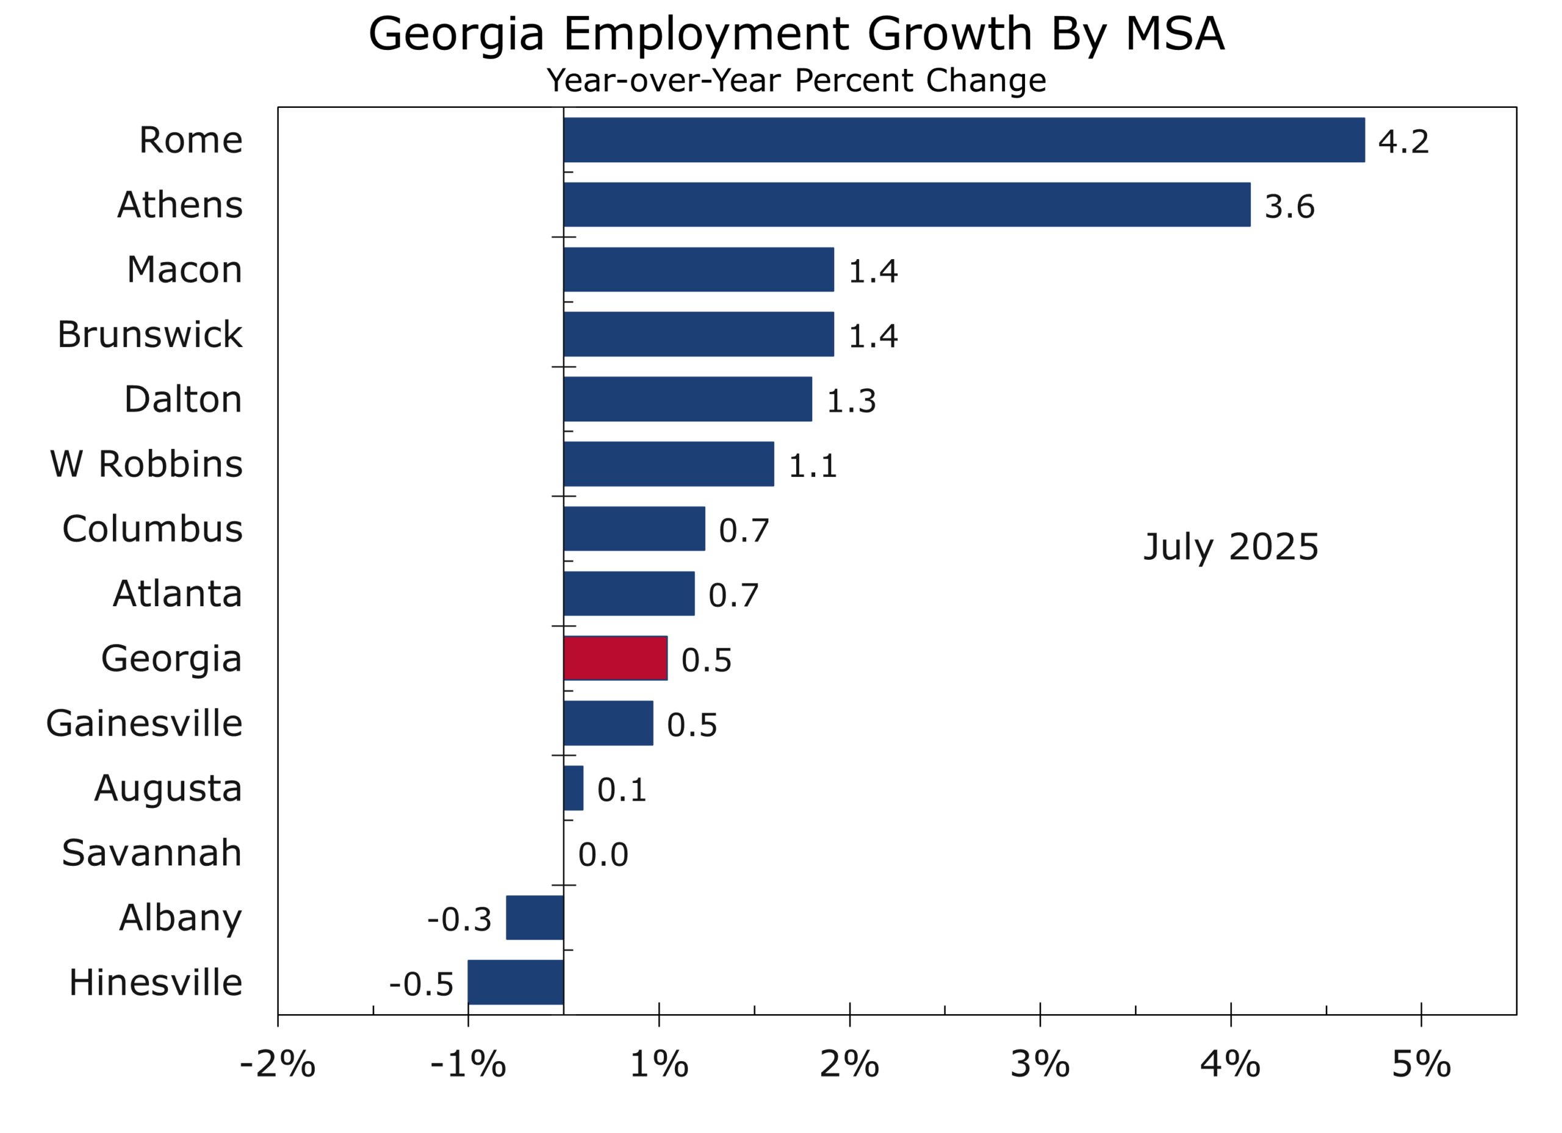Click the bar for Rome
pyautogui.click(x=963, y=140)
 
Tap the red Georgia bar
pyautogui.click(x=615, y=659)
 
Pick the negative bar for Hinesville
pyautogui.click(x=516, y=982)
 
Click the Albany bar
pyautogui.click(x=535, y=918)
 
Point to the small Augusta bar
pyautogui.click(x=574, y=788)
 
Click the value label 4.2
pyautogui.click(x=1403, y=142)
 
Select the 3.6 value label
pyautogui.click(x=1289, y=207)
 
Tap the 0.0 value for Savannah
pyautogui.click(x=603, y=855)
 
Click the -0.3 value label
pyautogui.click(x=459, y=920)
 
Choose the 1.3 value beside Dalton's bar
pyautogui.click(x=851, y=401)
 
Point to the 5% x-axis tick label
pyautogui.click(x=1422, y=1065)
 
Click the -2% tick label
pyautogui.click(x=278, y=1065)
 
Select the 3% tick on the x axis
pyautogui.click(x=1040, y=1065)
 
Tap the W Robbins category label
pyautogui.click(x=146, y=464)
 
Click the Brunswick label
pyautogui.click(x=149, y=335)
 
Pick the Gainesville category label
pyautogui.click(x=144, y=723)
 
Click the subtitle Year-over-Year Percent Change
pyautogui.click(x=796, y=80)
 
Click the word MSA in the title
pyautogui.click(x=1175, y=34)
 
